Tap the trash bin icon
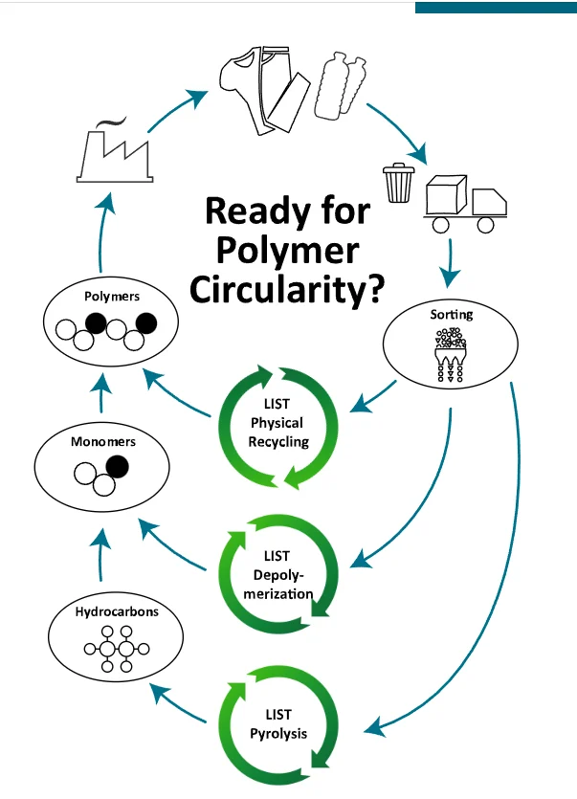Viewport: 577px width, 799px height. click(397, 183)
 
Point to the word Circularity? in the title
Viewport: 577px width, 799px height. click(287, 288)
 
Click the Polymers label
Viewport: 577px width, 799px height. click(112, 297)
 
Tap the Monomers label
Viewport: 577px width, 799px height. click(102, 442)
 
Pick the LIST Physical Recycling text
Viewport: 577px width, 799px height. click(277, 423)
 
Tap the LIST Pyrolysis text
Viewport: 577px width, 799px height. click(277, 724)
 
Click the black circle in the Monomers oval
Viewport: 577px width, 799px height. click(117, 467)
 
